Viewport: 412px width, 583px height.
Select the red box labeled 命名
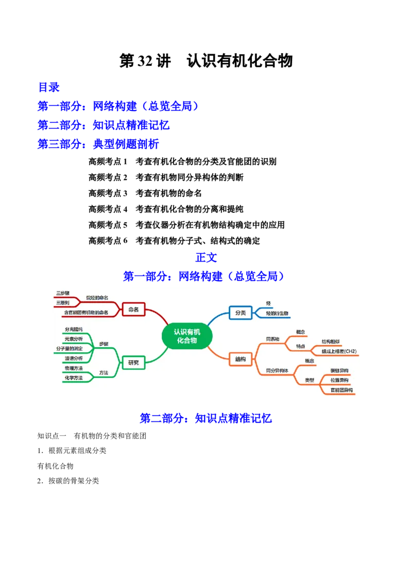[x=133, y=310]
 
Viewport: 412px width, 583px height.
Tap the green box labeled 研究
[x=133, y=363]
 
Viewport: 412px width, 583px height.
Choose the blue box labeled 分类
[x=240, y=312]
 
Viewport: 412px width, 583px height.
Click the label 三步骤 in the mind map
[x=63, y=293]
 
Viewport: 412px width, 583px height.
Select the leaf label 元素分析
[x=73, y=339]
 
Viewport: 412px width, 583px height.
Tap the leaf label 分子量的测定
[x=70, y=349]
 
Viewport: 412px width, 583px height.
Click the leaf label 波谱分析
[x=73, y=358]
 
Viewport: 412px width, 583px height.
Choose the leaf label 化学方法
[x=73, y=378]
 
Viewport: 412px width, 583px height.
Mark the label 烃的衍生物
[x=277, y=313]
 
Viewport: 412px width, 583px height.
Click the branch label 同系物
[x=272, y=339]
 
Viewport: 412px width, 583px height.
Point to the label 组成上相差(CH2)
[x=339, y=351]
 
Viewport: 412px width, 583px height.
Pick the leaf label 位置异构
[x=339, y=380]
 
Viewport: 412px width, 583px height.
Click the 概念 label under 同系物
[x=301, y=331]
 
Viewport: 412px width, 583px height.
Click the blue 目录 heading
[x=49, y=86]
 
